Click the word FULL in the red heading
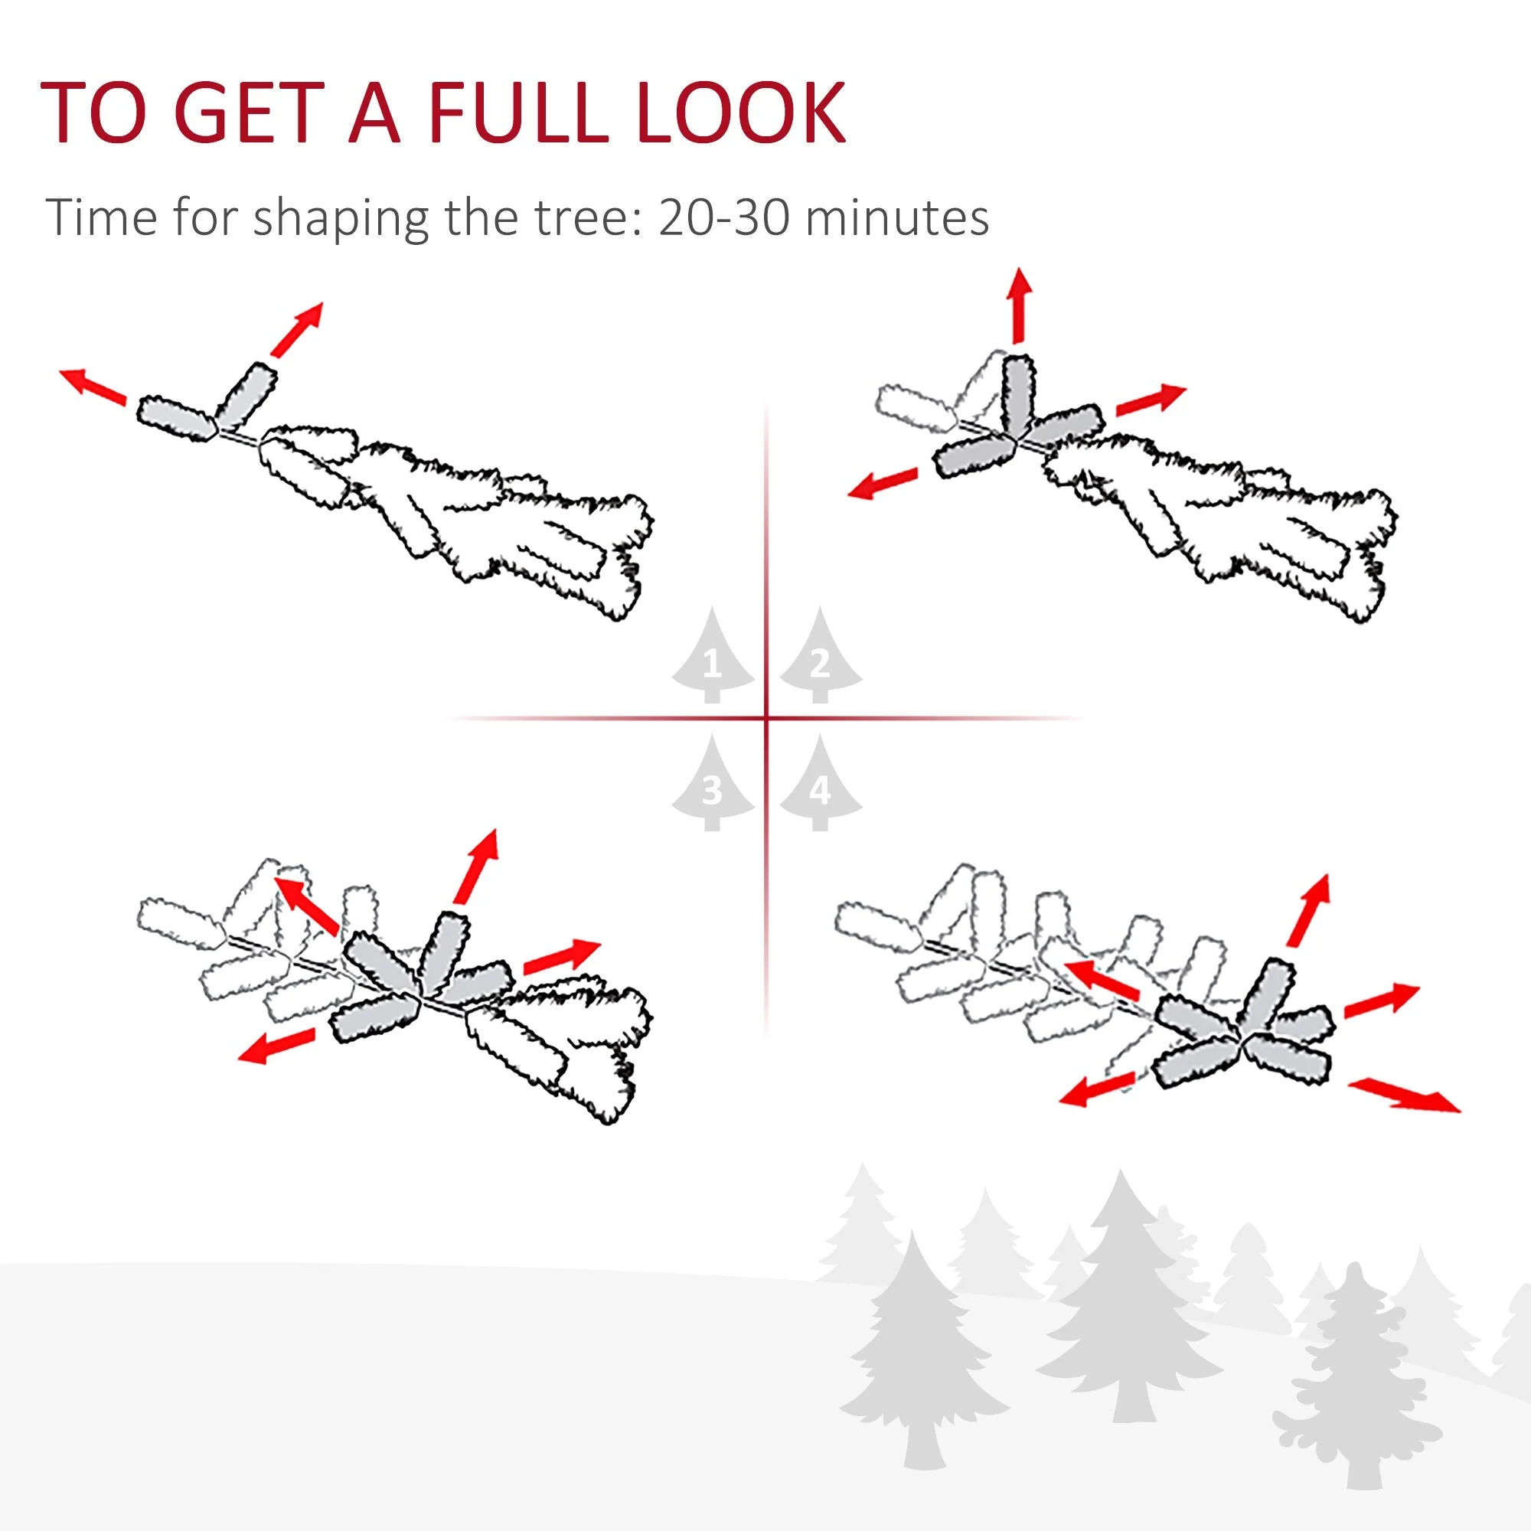pos(519,113)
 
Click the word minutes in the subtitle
pos(897,217)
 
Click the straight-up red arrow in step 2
pos(1019,305)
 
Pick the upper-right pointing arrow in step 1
pos(297,328)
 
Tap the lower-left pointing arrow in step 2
pos(882,482)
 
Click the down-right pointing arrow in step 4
pos(1404,1096)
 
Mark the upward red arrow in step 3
pos(477,866)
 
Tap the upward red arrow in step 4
pos(1309,909)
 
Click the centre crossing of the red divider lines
pos(766,719)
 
